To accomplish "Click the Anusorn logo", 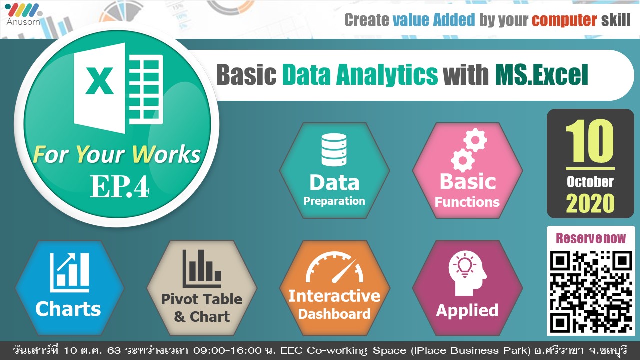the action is [23, 14].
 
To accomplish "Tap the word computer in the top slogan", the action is [564, 20].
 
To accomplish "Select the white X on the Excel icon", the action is [99, 81].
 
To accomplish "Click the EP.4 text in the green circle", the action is [119, 186].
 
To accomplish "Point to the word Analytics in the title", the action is [387, 75].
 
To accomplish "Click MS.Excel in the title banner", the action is [541, 75].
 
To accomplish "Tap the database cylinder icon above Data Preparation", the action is [334, 150].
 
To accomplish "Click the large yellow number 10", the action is [590, 141].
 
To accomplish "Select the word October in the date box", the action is [590, 182].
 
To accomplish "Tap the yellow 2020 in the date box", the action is [590, 203].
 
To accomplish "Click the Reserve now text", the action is [590, 238].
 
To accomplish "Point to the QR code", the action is [591, 292].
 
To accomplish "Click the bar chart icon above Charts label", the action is [69, 273].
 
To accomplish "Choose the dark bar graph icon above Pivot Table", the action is [201, 268].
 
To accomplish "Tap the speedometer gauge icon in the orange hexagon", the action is [334, 267].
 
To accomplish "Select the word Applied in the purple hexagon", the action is [467, 311].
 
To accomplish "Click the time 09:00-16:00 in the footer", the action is [227, 350].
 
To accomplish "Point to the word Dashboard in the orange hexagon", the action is [334, 314].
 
